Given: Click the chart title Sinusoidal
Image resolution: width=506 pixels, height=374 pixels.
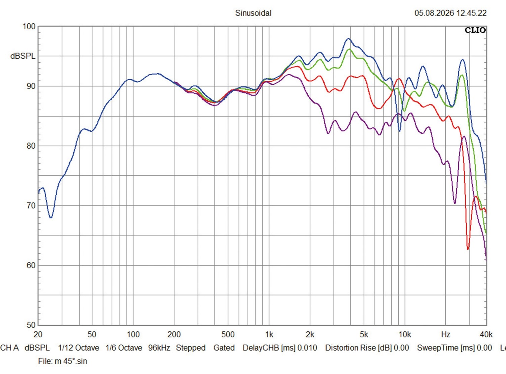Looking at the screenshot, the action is point(253,13).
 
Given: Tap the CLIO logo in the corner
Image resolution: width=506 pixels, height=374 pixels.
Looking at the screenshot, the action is point(475,30).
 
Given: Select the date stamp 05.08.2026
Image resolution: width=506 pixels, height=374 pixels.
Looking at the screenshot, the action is point(434,13).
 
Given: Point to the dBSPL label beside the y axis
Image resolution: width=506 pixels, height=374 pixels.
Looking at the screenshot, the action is point(23,56).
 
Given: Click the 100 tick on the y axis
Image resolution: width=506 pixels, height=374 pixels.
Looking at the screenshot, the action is point(29,26).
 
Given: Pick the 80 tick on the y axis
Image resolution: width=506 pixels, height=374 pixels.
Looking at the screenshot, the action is point(31,146).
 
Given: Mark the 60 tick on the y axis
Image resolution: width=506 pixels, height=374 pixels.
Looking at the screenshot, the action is point(31,265).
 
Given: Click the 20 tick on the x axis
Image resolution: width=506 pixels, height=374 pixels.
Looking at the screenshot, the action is point(38,335).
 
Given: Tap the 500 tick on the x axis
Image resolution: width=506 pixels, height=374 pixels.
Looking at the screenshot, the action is point(228,335).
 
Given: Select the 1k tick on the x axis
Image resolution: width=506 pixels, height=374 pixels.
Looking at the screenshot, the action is point(269,335).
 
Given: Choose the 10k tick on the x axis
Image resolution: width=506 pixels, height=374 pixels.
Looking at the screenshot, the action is point(405,335).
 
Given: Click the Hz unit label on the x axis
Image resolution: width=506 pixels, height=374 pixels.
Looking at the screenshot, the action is point(446,335).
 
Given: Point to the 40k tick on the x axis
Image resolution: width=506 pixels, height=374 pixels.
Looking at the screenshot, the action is point(486,335).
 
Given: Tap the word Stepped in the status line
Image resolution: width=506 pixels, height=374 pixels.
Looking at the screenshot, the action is point(191,348).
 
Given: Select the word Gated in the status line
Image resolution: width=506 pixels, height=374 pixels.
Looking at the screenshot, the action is point(224,348).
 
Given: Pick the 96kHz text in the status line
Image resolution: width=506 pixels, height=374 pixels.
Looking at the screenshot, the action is point(159,348).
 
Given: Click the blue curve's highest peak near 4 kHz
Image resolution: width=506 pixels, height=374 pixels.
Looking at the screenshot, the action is point(348,38).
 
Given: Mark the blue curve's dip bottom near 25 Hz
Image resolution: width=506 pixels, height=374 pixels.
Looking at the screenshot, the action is point(51,218).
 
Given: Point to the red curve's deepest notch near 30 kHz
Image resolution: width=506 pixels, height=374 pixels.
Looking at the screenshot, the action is point(468,249).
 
